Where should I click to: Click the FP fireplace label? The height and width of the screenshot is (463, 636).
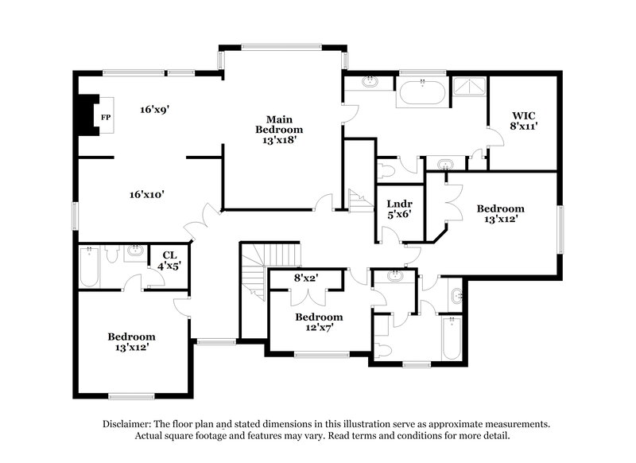click(105, 118)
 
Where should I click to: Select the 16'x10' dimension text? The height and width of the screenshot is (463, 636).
click(147, 193)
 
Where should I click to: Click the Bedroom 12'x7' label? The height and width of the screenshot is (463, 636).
click(319, 321)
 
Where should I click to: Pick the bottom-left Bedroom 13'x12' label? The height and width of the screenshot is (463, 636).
click(132, 342)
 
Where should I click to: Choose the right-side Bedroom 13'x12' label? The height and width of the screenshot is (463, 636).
click(501, 214)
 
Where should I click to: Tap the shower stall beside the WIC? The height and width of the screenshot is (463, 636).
click(468, 92)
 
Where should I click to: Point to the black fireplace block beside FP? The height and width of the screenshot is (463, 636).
click(82, 118)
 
